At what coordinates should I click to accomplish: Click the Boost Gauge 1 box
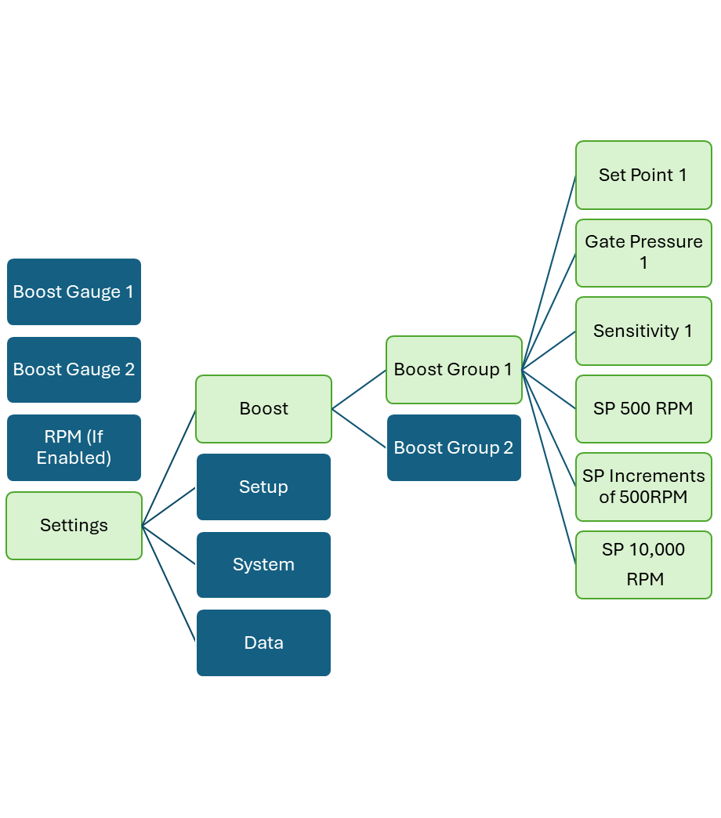click(74, 291)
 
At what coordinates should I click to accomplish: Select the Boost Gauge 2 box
click(74, 369)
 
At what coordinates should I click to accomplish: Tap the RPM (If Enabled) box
click(74, 447)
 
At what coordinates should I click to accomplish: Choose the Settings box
click(74, 525)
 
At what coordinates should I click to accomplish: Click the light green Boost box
click(263, 408)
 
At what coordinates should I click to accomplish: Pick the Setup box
click(263, 487)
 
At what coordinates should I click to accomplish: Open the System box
click(263, 564)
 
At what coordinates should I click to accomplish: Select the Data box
click(263, 642)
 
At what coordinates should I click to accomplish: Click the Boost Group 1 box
click(454, 369)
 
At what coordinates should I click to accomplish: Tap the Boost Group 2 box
click(454, 447)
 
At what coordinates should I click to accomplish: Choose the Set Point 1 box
click(643, 175)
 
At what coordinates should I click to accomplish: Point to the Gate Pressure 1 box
click(643, 252)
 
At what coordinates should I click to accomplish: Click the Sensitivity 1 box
click(643, 331)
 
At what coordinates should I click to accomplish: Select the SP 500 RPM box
click(643, 408)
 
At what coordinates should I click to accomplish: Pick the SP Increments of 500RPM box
click(643, 487)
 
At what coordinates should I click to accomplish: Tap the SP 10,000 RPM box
click(643, 564)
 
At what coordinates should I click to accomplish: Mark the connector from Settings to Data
click(168, 583)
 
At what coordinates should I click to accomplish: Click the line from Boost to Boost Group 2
click(359, 428)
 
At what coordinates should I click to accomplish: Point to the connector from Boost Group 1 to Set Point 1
click(549, 273)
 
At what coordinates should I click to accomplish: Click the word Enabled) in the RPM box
click(74, 458)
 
